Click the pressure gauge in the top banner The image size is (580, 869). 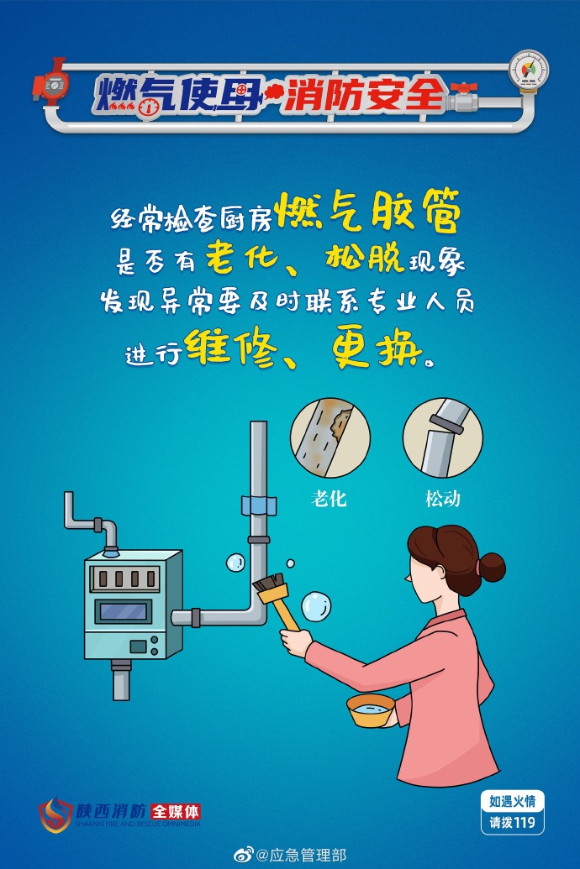529,71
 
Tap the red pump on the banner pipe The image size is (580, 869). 51,83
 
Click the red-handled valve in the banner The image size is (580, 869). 464,97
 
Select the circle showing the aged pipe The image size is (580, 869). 330,437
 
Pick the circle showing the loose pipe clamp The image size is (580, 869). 443,437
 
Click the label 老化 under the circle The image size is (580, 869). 330,498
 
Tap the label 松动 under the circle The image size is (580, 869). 443,498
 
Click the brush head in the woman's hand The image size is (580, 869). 270,585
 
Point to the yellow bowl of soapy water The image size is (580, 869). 371,710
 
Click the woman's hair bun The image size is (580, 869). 491,567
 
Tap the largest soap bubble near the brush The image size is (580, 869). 316,607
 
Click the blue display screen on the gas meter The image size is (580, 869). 124,612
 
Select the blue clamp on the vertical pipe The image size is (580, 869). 259,505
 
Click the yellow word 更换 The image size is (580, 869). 376,348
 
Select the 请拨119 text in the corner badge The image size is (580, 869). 512,823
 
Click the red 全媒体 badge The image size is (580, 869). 176,812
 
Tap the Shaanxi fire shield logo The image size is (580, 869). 55,814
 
